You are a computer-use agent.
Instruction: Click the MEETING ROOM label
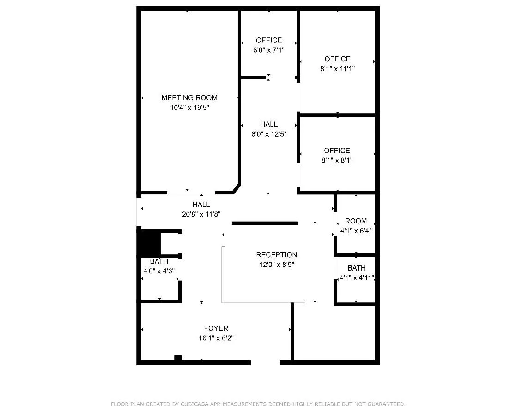click(189, 97)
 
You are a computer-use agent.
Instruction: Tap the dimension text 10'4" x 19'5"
click(189, 108)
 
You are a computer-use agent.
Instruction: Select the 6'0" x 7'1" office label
click(269, 40)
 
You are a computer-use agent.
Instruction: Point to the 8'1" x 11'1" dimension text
click(337, 69)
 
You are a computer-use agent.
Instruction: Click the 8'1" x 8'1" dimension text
click(337, 160)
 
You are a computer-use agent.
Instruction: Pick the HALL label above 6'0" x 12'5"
click(269, 124)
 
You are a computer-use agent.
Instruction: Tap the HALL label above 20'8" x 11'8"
click(201, 204)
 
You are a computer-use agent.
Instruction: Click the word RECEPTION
click(276, 255)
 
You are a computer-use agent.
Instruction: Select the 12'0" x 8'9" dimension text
click(276, 265)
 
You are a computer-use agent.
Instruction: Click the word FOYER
click(216, 328)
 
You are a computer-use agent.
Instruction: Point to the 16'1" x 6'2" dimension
click(216, 338)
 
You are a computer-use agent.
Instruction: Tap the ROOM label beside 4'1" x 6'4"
click(356, 221)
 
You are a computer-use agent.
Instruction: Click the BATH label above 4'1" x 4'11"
click(357, 268)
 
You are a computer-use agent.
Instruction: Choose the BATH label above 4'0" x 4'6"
click(159, 261)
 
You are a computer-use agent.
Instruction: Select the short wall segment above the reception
click(265, 223)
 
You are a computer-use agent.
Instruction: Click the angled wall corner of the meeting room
click(235, 188)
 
